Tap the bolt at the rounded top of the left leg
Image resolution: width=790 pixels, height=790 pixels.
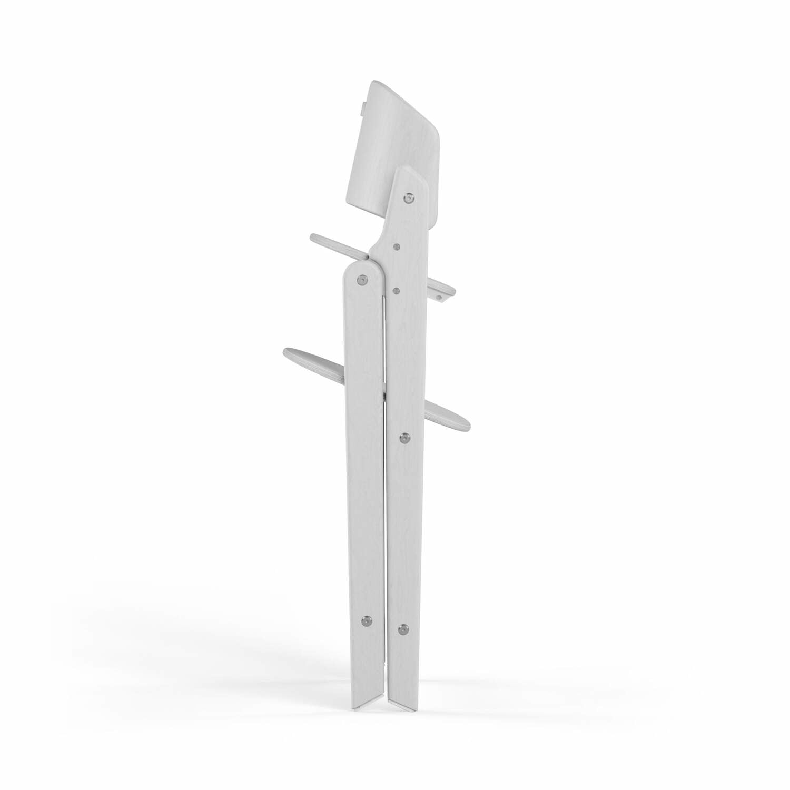(362, 279)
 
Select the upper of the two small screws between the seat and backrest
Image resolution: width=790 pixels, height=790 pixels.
(397, 245)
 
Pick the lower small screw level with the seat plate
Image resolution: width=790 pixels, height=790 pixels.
(397, 289)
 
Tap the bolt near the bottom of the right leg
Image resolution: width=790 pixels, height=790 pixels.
(403, 628)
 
